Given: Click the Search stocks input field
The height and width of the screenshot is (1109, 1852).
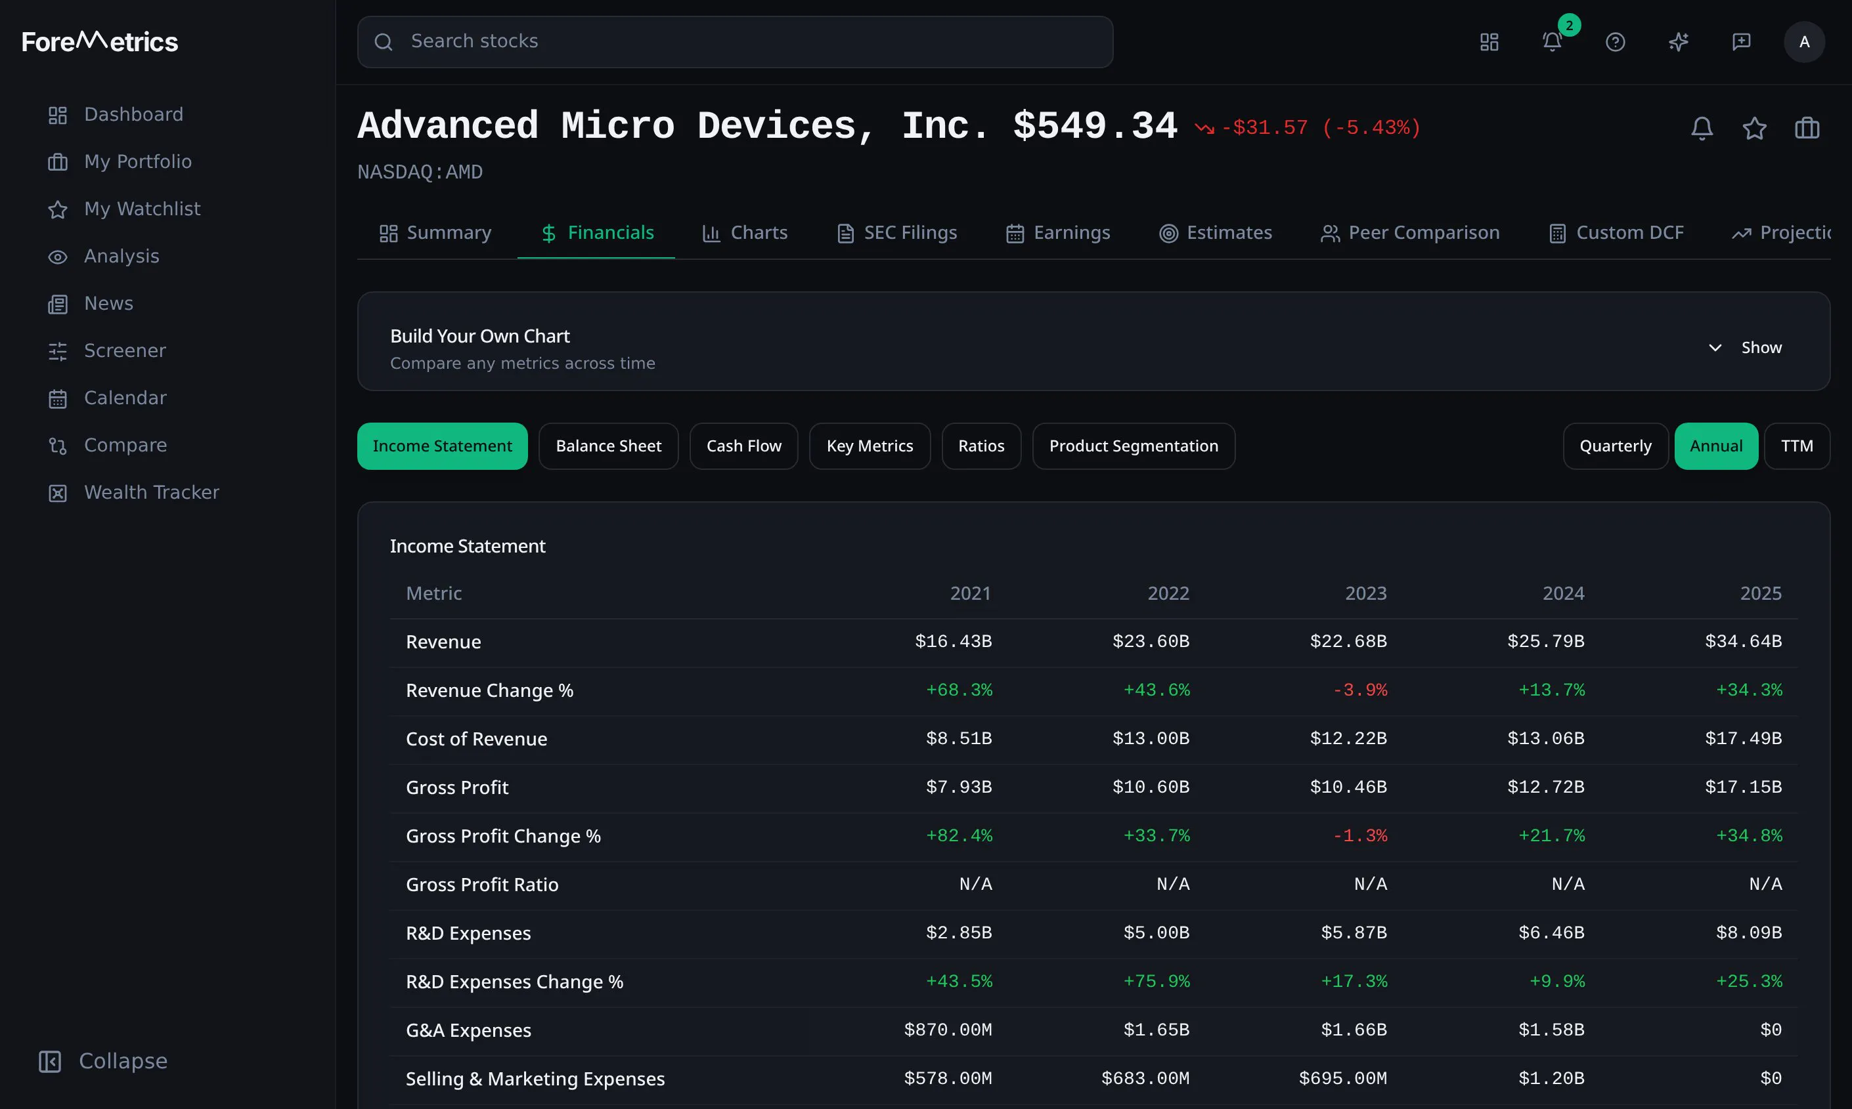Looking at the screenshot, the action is pyautogui.click(x=735, y=42).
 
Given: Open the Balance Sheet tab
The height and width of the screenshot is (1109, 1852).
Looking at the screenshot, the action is pyautogui.click(x=609, y=446).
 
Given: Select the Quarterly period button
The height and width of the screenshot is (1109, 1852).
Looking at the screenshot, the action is pyautogui.click(x=1615, y=446).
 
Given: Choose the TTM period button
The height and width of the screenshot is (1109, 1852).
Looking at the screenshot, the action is pyautogui.click(x=1797, y=446).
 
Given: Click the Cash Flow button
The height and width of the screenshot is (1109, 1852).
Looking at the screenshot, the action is pyautogui.click(x=744, y=446).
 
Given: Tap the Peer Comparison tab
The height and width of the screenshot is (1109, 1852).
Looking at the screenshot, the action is pyautogui.click(x=1410, y=233).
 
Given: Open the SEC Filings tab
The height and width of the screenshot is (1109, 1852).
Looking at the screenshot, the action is pyautogui.click(x=897, y=233).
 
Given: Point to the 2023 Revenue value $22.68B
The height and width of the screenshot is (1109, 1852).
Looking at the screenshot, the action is pyautogui.click(x=1348, y=641).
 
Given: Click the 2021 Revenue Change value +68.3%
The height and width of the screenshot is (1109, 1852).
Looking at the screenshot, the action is pyautogui.click(x=959, y=690).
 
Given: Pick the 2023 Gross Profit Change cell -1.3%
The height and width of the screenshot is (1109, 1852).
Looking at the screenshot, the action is pyautogui.click(x=1360, y=835).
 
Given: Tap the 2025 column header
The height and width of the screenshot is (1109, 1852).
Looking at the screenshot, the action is pyautogui.click(x=1761, y=593).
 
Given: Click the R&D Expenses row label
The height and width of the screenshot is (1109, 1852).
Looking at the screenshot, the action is pyautogui.click(x=468, y=933).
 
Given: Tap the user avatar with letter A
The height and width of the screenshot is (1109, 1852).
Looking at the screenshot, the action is pyautogui.click(x=1804, y=42).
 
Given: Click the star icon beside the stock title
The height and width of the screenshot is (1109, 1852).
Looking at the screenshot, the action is pyautogui.click(x=1754, y=129).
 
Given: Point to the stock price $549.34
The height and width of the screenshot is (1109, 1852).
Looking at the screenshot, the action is pyautogui.click(x=1095, y=125).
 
